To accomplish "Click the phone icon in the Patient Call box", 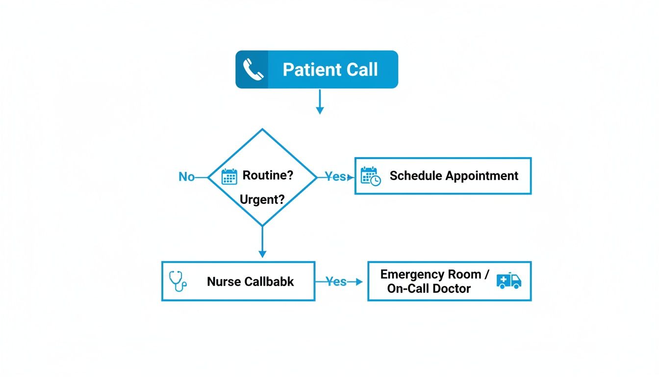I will (253, 70).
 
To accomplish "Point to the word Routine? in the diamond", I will (268, 176).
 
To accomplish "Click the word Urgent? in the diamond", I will (262, 200).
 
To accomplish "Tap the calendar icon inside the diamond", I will (229, 176).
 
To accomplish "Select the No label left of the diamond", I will (186, 177).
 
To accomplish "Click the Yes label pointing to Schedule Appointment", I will (335, 177).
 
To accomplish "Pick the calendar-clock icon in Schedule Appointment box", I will (371, 176).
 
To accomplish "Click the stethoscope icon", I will (177, 281).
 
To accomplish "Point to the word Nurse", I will (224, 281).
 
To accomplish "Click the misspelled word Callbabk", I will (269, 281).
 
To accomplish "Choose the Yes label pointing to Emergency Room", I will (336, 282).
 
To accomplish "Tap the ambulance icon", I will (508, 280).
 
